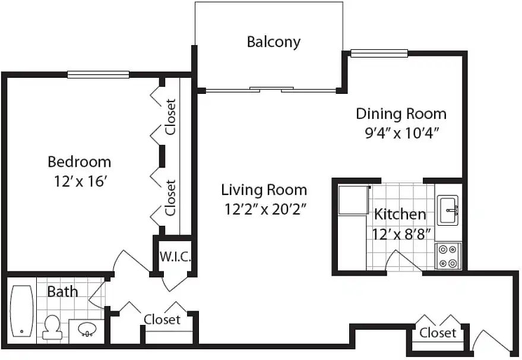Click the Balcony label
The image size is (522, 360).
pyautogui.click(x=274, y=42)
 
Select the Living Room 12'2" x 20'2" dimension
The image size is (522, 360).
pyautogui.click(x=265, y=210)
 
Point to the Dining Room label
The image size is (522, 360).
pyautogui.click(x=401, y=114)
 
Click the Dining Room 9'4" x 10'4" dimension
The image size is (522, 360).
pyautogui.click(x=401, y=133)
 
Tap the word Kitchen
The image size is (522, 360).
pyautogui.click(x=400, y=214)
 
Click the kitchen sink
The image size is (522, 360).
pyautogui.click(x=448, y=210)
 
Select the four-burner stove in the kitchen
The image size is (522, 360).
pyautogui.click(x=448, y=256)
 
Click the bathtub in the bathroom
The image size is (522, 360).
pyautogui.click(x=21, y=311)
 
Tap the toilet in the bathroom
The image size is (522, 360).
pyautogui.click(x=52, y=327)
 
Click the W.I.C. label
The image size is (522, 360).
pyautogui.click(x=175, y=257)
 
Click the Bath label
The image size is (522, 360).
pyautogui.click(x=62, y=292)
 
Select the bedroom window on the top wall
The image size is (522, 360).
pyautogui.click(x=98, y=75)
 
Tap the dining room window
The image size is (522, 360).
pyautogui.click(x=379, y=53)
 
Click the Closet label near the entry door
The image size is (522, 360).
pyautogui.click(x=438, y=333)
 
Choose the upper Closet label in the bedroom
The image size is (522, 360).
pyautogui.click(x=170, y=117)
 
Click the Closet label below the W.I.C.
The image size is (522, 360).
pyautogui.click(x=162, y=320)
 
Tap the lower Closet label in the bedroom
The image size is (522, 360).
pyautogui.click(x=170, y=198)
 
